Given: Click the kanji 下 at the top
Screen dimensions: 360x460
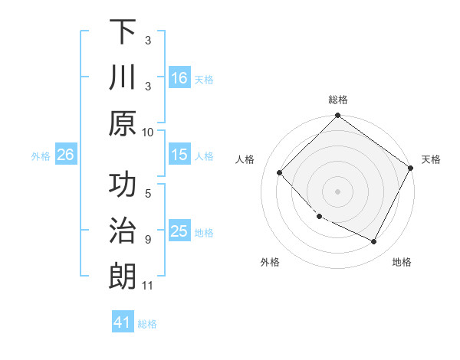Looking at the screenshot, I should pyautogui.click(x=122, y=32).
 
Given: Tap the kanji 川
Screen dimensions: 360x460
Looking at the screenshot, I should pyautogui.click(x=122, y=78).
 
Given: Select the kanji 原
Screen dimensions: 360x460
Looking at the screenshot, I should pyautogui.click(x=122, y=123).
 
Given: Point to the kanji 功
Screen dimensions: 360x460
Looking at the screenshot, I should pyautogui.click(x=122, y=187).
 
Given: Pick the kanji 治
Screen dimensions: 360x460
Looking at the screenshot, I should pyautogui.click(x=122, y=232).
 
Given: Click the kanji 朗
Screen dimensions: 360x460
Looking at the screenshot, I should pyautogui.click(x=122, y=277).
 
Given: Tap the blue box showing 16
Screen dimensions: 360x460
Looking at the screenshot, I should pyautogui.click(x=179, y=77).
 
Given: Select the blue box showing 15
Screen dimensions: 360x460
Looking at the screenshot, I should pyautogui.click(x=179, y=155).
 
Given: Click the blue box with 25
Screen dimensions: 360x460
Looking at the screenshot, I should pyautogui.click(x=179, y=231).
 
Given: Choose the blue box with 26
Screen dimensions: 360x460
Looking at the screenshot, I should pyautogui.click(x=65, y=155).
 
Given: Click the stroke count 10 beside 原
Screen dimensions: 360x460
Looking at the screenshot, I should pyautogui.click(x=148, y=132).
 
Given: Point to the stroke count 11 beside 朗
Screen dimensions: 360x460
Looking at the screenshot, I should pyautogui.click(x=148, y=286).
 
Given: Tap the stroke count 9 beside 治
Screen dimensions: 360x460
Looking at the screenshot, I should pyautogui.click(x=148, y=240).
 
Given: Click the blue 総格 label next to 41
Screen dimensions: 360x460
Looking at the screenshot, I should pyautogui.click(x=147, y=324).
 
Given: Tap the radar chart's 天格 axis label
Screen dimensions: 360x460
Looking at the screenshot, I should pyautogui.click(x=431, y=159).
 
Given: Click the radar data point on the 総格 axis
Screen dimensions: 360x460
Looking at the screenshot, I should pyautogui.click(x=337, y=116).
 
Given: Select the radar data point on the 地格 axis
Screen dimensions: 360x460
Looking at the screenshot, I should pyautogui.click(x=374, y=242).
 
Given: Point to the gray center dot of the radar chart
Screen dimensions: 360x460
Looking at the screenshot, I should pyautogui.click(x=337, y=191).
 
